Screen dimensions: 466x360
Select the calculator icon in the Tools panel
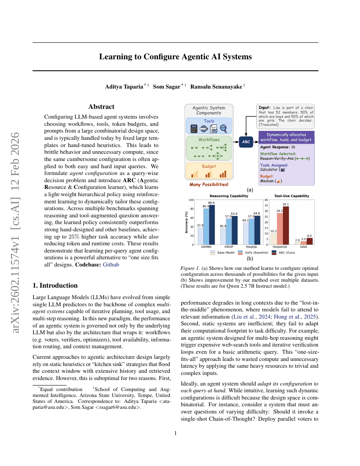pos(194,128)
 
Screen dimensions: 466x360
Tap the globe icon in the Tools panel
pos(204,128)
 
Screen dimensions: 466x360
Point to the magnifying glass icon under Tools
pos(224,128)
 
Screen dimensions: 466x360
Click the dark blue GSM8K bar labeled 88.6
pos(212,225)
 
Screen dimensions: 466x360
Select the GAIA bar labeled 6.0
pos(309,241)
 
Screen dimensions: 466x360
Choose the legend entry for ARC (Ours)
pos(285,252)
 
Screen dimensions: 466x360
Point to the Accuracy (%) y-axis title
pos(187,222)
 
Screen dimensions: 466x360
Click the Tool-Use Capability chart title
pos(291,196)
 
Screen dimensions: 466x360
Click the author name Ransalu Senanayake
pos(216,86)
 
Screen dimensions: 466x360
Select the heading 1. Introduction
pos(55,285)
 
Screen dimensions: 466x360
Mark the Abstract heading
pos(101,107)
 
